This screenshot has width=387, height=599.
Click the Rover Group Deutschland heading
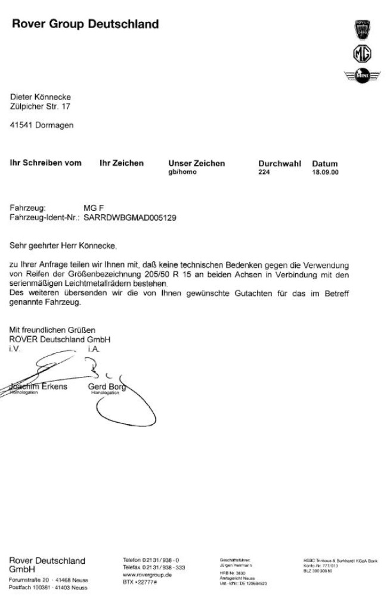coord(85,24)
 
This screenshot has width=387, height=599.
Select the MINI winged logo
coord(362,76)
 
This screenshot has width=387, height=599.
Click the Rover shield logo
coord(362,30)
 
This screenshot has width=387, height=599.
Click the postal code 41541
coord(21,126)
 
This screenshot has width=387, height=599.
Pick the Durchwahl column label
coord(280,163)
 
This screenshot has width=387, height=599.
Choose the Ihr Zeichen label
coord(122,163)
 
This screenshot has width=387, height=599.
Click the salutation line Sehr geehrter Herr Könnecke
coord(63,245)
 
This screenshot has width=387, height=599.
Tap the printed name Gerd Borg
coord(107,386)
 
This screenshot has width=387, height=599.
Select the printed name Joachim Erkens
coord(39,386)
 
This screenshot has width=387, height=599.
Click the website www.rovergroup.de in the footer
coord(147,575)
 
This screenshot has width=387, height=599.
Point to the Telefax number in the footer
coord(154,567)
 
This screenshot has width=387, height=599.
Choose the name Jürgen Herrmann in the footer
coord(233,564)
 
